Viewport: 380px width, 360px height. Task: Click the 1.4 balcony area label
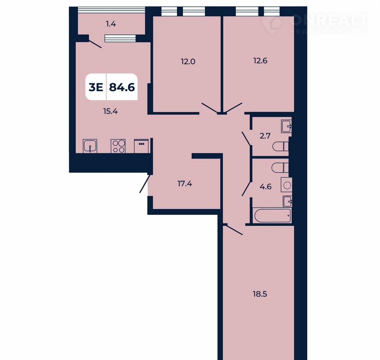(111, 24)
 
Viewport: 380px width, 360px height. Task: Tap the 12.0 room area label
(188, 62)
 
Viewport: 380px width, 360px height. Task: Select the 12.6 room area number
(260, 61)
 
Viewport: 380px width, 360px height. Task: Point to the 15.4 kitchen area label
(110, 112)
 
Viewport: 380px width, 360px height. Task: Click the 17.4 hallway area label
(185, 184)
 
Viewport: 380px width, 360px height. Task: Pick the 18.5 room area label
(260, 294)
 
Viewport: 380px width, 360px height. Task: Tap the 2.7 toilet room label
(265, 136)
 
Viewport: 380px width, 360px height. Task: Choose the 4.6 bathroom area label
(266, 187)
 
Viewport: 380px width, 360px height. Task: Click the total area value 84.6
(122, 87)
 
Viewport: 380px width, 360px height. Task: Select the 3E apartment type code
(96, 87)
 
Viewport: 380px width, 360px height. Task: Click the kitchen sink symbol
(90, 146)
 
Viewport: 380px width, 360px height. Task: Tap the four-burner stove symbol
(118, 146)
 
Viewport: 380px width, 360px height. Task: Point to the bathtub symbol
(272, 215)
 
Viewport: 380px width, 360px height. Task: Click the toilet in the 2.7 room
(280, 146)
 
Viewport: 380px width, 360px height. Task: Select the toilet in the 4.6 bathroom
(280, 168)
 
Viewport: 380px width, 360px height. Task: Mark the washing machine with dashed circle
(287, 185)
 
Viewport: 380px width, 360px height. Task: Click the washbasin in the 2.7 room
(287, 126)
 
